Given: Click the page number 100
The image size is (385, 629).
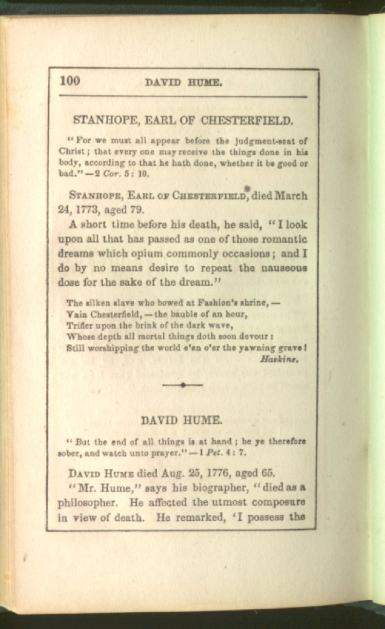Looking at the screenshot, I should [70, 81].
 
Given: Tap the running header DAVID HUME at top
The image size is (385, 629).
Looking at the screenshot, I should [183, 82].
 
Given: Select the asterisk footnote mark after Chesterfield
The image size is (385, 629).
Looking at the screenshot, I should [247, 189].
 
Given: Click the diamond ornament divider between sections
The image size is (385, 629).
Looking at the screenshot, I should [183, 385].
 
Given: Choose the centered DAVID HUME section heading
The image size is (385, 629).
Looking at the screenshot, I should [182, 421].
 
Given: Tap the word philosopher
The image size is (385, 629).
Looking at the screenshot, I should [88, 502].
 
